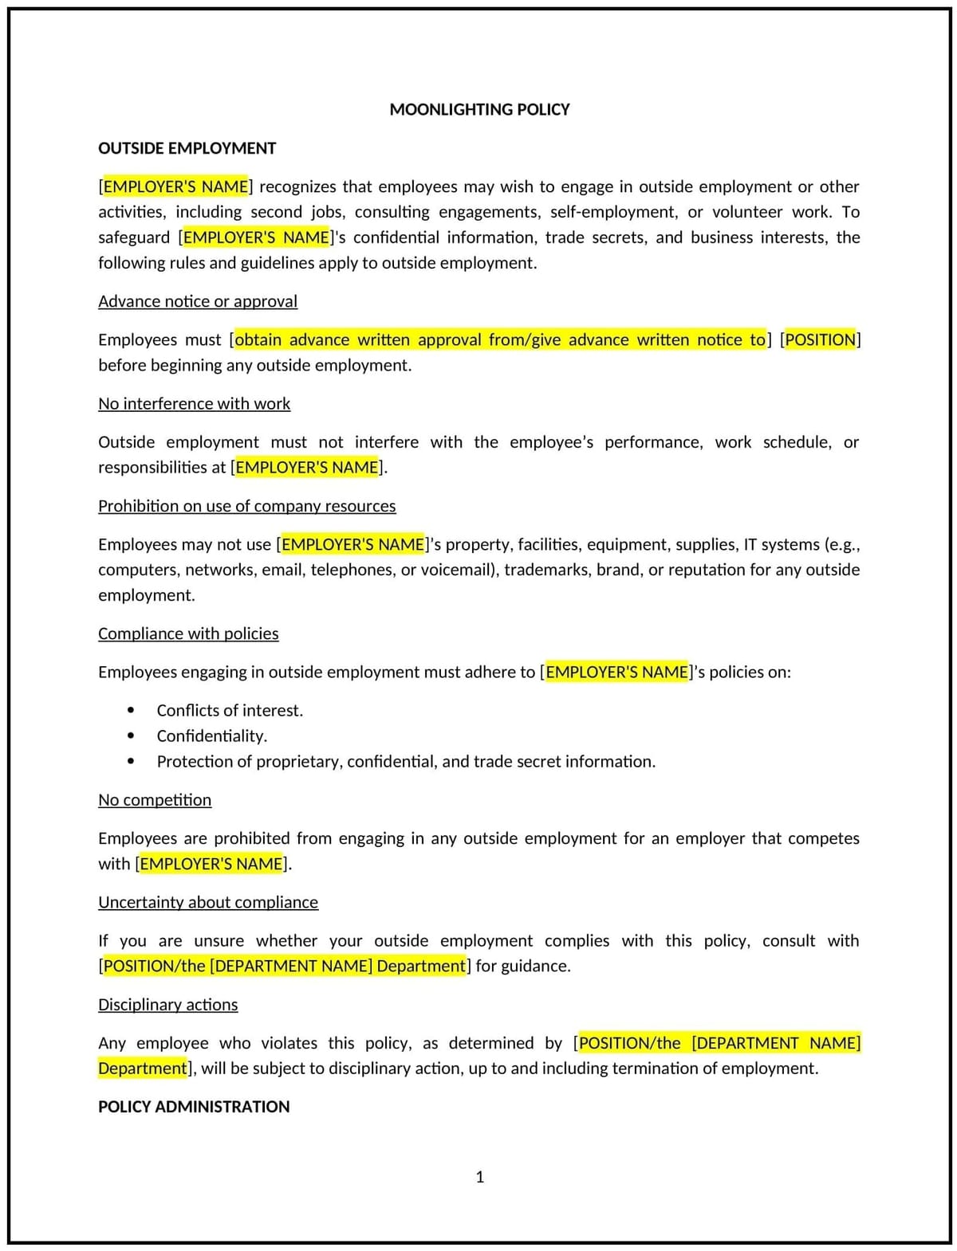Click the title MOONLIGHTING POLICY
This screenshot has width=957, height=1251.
(x=479, y=109)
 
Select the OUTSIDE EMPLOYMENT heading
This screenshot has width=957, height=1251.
(x=187, y=148)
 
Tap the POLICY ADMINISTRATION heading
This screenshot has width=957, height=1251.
(x=194, y=1106)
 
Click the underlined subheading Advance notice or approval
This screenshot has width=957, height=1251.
(x=198, y=301)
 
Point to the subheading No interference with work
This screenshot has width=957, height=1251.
(x=194, y=403)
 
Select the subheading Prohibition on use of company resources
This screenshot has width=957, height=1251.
(x=246, y=506)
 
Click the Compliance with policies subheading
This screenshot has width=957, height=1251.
(x=188, y=633)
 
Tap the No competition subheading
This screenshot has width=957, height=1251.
(x=155, y=799)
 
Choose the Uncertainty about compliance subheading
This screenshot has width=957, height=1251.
(x=208, y=902)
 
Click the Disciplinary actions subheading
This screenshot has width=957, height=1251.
(x=167, y=1004)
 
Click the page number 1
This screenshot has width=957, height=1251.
(x=479, y=1176)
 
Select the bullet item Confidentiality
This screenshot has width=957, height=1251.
(x=211, y=735)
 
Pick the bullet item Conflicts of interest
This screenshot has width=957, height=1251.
(x=230, y=710)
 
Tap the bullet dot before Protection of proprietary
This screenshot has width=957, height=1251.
(x=131, y=761)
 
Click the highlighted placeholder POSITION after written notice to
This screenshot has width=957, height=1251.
(x=820, y=339)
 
